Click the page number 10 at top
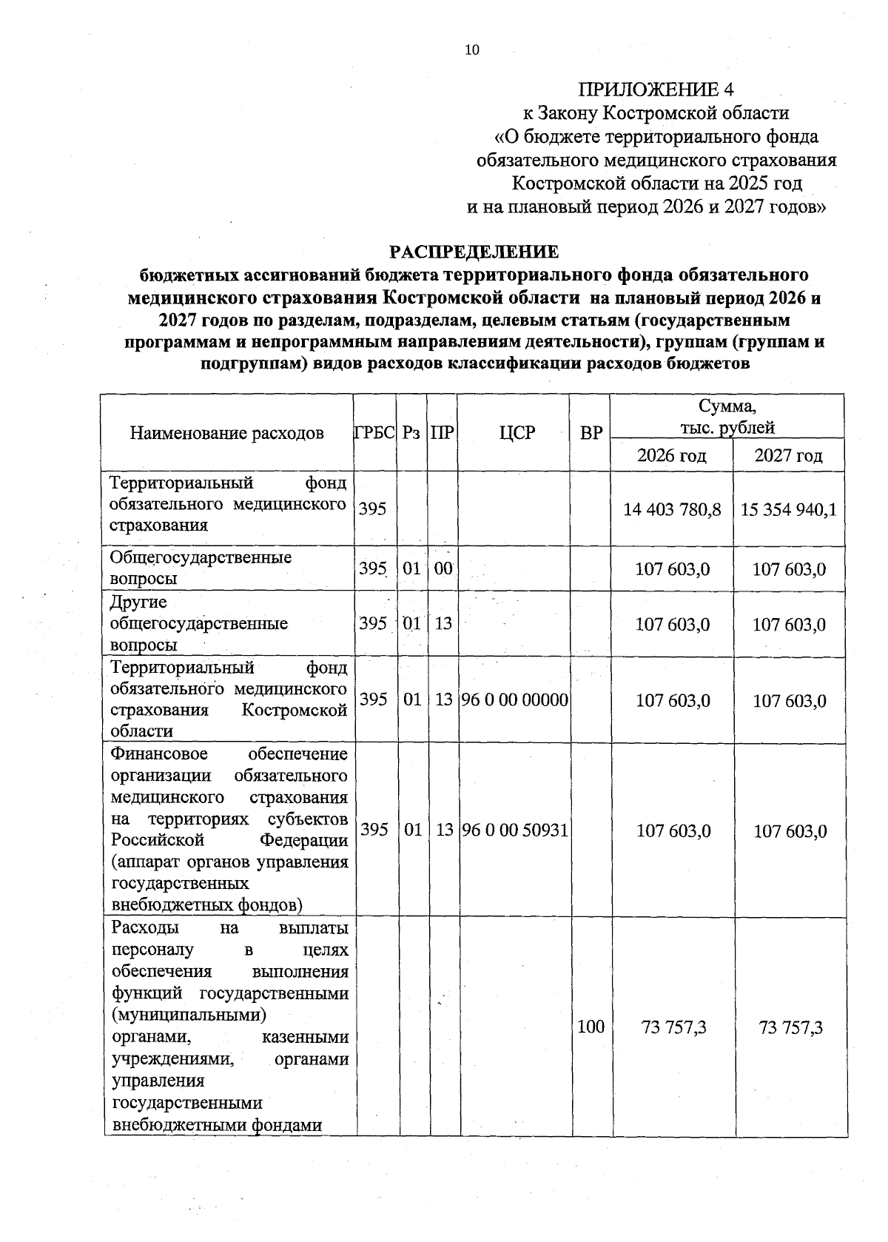(471, 50)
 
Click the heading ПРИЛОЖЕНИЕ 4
(656, 90)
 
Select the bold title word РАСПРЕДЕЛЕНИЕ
(474, 252)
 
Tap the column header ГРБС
(374, 433)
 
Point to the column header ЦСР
(517, 433)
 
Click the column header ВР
(591, 433)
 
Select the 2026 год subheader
(671, 455)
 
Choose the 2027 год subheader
(788, 455)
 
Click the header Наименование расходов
(227, 433)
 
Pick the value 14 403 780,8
(672, 510)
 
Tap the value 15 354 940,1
(789, 510)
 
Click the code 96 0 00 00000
(515, 699)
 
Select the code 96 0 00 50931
(515, 830)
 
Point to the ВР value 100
(591, 1027)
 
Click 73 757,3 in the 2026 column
(673, 1027)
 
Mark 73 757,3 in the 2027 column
(790, 1027)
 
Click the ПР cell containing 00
(443, 568)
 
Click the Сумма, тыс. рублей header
(727, 416)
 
